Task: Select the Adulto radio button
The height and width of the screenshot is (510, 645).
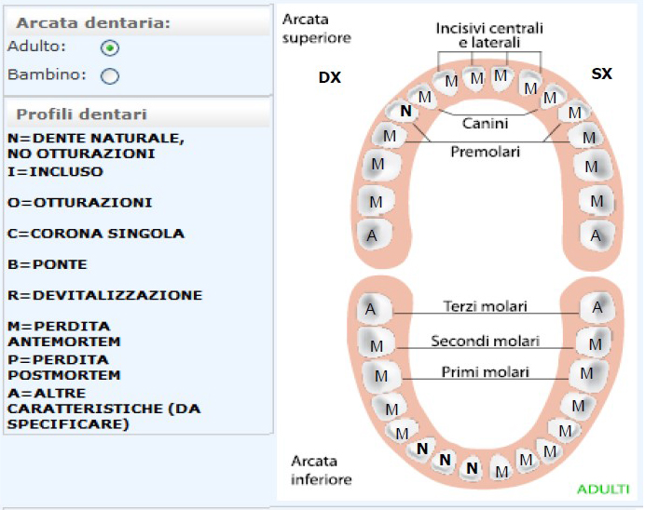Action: pos(110,48)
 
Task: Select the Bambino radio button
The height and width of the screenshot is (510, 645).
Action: pos(110,76)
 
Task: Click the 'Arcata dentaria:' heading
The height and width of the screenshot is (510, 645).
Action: pos(93,23)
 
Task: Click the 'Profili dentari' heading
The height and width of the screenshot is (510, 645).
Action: pos(81,114)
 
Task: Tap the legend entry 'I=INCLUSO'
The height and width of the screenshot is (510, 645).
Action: pos(55,171)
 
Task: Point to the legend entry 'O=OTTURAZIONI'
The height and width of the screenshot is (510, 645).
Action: pos(80,203)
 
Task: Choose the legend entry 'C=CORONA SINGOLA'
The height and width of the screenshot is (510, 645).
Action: pos(96,234)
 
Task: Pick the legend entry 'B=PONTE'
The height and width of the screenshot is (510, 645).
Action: pos(48,264)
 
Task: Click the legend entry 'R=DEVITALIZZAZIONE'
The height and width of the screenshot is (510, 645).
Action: pos(105,295)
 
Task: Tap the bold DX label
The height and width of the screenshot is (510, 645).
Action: pos(330,77)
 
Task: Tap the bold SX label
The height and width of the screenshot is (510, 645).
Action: pos(602,74)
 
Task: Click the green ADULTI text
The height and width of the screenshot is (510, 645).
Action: pos(603,489)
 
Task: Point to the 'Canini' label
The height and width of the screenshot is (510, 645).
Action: pos(485,123)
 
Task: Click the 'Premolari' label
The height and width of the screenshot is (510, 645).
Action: pos(486,152)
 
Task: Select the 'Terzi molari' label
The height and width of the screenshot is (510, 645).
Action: pos(486,306)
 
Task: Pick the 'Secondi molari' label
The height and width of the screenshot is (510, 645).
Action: pos(486,342)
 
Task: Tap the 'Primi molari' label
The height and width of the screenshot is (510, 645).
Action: pos(486,372)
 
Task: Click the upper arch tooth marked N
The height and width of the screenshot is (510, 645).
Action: pos(405,111)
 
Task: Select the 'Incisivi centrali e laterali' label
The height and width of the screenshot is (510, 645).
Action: pos(489,35)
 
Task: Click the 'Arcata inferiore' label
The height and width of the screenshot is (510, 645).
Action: pos(322,470)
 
